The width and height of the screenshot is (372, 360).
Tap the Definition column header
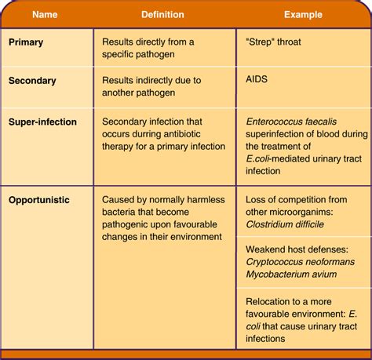(162, 14)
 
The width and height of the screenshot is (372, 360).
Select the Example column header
(304, 14)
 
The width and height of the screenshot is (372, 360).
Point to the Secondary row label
(35, 80)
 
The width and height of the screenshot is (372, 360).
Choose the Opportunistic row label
(40, 200)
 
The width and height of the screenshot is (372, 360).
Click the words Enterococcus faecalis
(291, 122)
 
